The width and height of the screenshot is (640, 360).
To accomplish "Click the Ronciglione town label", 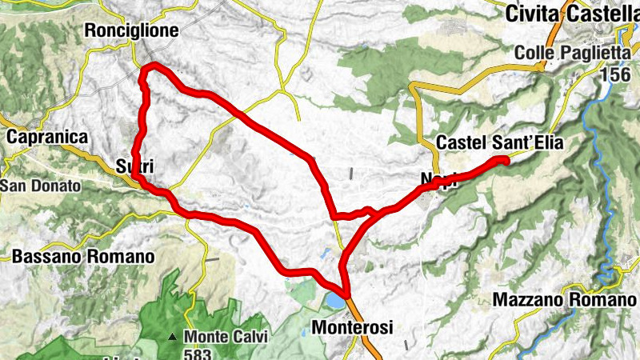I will (132, 30).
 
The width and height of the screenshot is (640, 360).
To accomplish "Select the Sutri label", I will (134, 166).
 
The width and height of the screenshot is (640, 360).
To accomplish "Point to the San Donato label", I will (42, 186).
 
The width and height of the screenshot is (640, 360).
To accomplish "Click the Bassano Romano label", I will (83, 258).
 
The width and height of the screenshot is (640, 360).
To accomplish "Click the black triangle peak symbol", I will (172, 337).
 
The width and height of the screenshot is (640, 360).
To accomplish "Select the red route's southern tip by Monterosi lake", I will (346, 295).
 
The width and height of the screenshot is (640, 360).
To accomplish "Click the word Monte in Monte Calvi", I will (202, 336).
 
